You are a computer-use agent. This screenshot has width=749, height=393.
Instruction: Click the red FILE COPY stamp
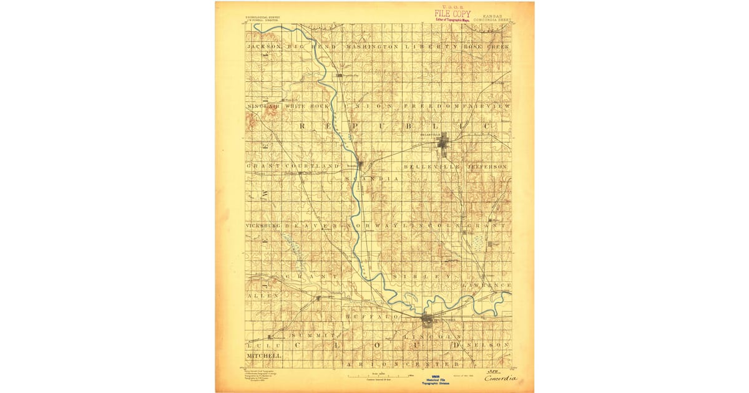pos(453,13)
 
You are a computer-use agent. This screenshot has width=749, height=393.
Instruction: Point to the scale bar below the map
pos(381,375)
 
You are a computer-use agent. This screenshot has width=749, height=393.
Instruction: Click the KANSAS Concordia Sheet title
pos(492,17)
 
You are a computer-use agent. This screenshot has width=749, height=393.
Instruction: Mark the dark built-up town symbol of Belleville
pos(443,145)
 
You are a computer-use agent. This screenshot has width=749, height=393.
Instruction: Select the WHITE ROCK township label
pos(306,107)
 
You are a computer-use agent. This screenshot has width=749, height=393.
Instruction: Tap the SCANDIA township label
pos(371,178)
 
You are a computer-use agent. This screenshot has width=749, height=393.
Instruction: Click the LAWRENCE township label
pos(487,284)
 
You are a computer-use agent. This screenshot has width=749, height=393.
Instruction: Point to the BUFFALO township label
pos(371,317)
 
